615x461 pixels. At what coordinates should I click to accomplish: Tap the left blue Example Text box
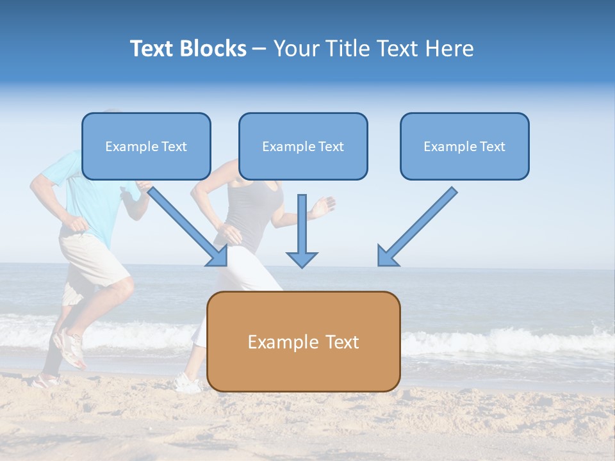[x=146, y=147]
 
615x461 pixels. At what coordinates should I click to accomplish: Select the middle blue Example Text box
[x=303, y=147]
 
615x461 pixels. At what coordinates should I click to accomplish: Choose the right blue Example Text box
[x=464, y=147]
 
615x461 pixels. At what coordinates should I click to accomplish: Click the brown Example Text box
[x=303, y=341]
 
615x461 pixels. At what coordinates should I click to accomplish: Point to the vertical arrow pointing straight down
[x=302, y=230]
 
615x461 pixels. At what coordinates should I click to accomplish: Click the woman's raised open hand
[x=324, y=206]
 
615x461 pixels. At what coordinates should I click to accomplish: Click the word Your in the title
[x=296, y=49]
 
